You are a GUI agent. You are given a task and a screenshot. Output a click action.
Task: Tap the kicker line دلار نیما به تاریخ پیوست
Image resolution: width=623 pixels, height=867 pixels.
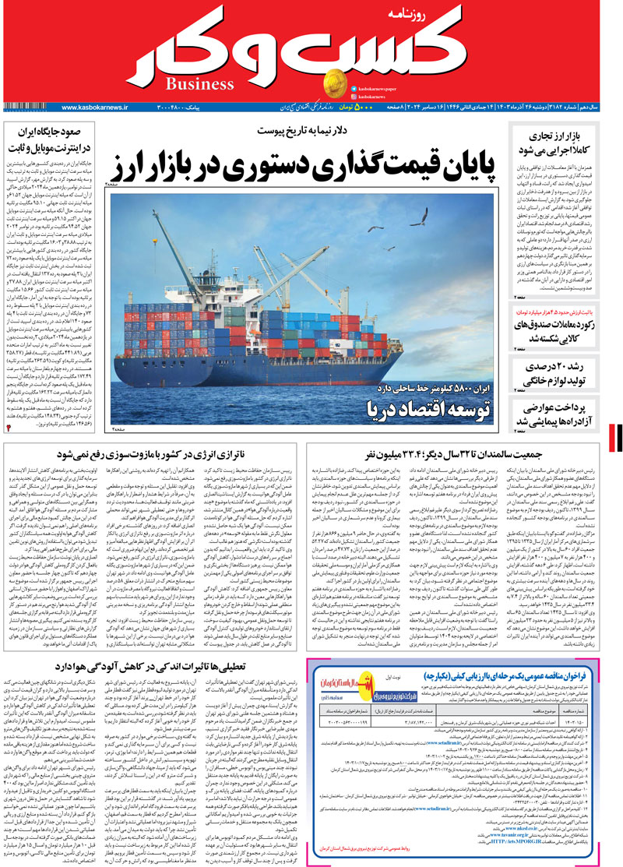pyautogui.click(x=302, y=129)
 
